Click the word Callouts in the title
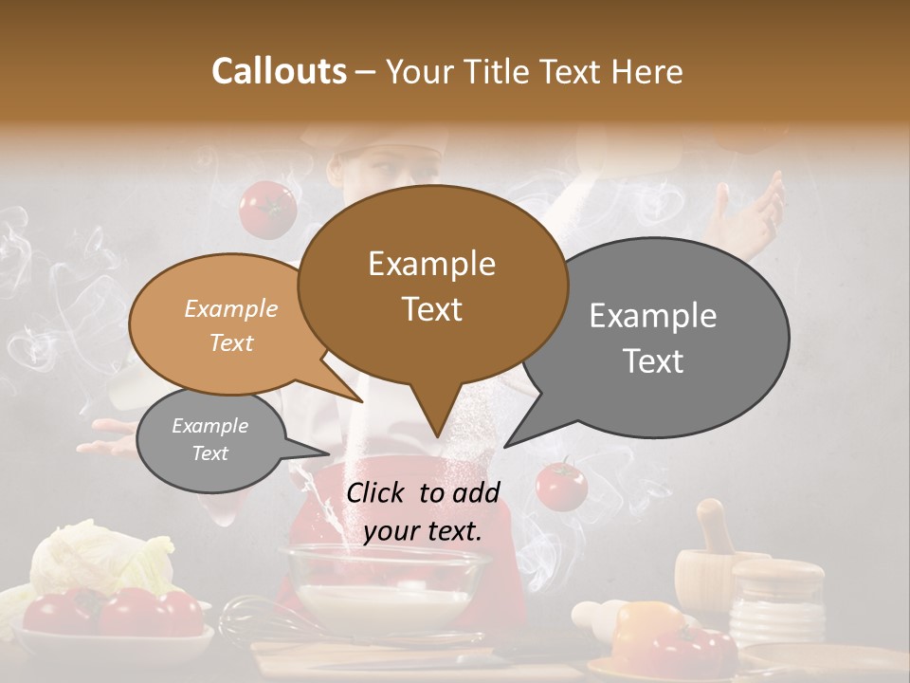pyautogui.click(x=279, y=71)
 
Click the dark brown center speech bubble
pyautogui.click(x=432, y=285)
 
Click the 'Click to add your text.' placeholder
pyautogui.click(x=423, y=511)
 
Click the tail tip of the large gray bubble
pyautogui.click(x=510, y=443)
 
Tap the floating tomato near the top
pyautogui.click(x=267, y=208)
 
